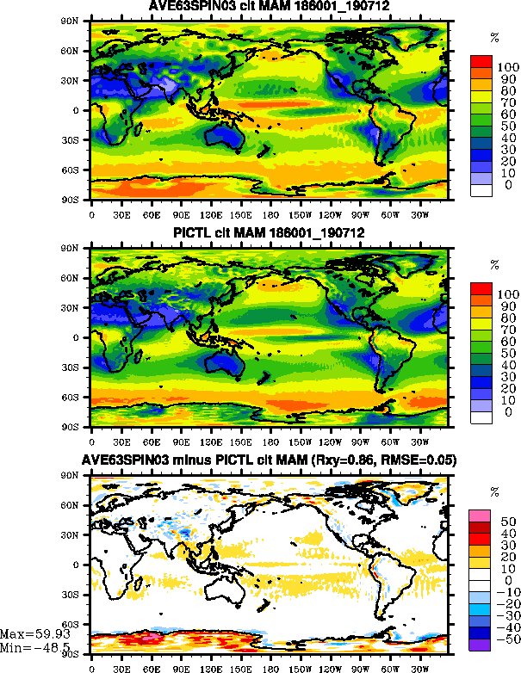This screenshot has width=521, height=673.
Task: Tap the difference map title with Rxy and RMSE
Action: (270, 460)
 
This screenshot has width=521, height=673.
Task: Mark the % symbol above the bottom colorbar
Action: (494, 492)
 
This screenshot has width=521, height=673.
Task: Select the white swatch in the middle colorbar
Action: (480, 417)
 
